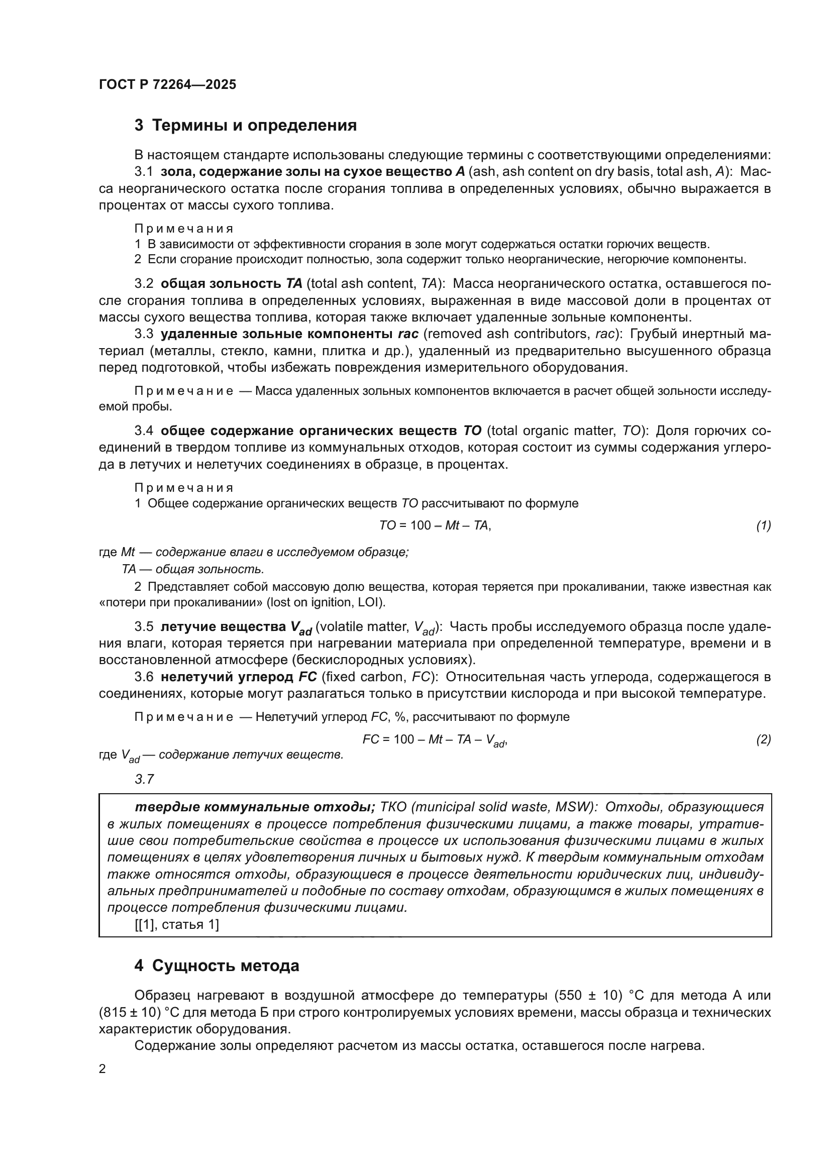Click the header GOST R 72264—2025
pyautogui.click(x=167, y=84)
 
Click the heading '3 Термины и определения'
pyautogui.click(x=246, y=126)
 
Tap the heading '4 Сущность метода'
pyautogui.click(x=217, y=966)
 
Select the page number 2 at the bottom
pyautogui.click(x=102, y=1069)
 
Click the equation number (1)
pyautogui.click(x=764, y=525)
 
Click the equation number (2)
pyautogui.click(x=764, y=739)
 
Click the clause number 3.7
pyautogui.click(x=144, y=779)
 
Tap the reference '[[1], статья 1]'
pyautogui.click(x=176, y=924)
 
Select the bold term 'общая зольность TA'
pyautogui.click(x=231, y=283)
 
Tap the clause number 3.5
pyautogui.click(x=144, y=627)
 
